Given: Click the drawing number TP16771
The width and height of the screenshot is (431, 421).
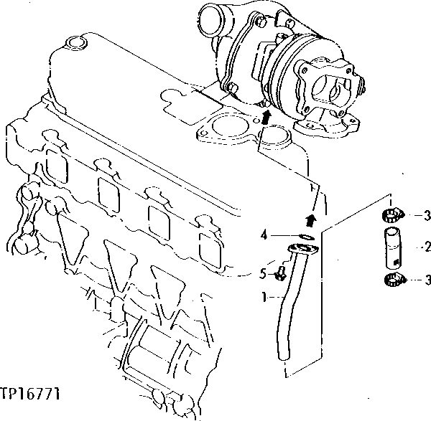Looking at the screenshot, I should (x=30, y=394).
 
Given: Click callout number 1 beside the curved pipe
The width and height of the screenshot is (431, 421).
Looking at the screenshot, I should (x=264, y=295).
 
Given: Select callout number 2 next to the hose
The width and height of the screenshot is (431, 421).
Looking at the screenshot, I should (x=427, y=247).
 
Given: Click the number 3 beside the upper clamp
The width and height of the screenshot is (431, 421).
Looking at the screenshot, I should (x=427, y=214).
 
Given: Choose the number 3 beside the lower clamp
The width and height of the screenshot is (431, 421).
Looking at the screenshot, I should (x=427, y=280).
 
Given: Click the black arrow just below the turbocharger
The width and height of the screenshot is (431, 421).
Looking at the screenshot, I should (x=266, y=117).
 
